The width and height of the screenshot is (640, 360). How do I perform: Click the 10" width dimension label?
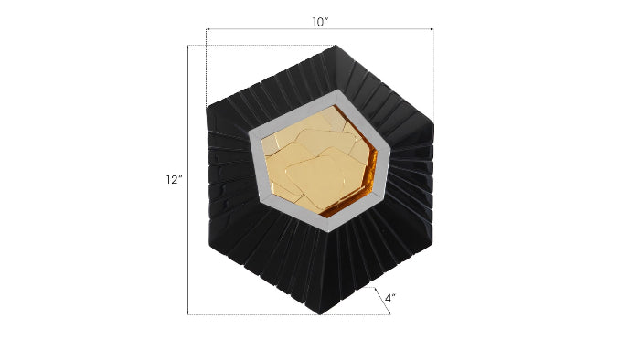point(318,22)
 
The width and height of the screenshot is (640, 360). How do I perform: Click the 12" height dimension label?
point(175,180)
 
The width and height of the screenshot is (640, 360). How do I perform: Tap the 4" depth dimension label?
point(390,298)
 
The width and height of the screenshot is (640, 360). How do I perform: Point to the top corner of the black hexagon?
point(337,46)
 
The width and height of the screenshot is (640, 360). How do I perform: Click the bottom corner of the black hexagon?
point(320,313)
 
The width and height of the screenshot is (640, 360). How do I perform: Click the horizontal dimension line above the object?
point(319,31)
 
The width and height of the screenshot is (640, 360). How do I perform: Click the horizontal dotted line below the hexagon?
point(274,314)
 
